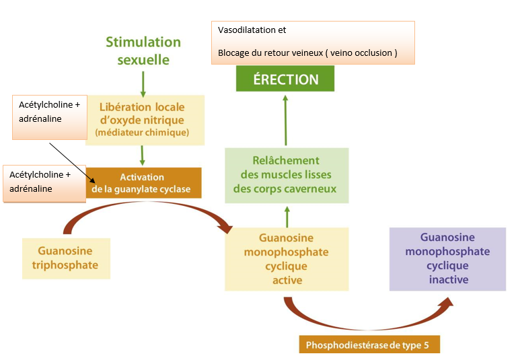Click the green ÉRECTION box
285,79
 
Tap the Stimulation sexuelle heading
143,50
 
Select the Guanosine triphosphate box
65,258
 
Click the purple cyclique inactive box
448,258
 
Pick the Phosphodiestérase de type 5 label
369,345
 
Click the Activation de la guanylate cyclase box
143,183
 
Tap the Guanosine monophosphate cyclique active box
287,259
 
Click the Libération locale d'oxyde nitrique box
143,119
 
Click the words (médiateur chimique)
142,133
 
